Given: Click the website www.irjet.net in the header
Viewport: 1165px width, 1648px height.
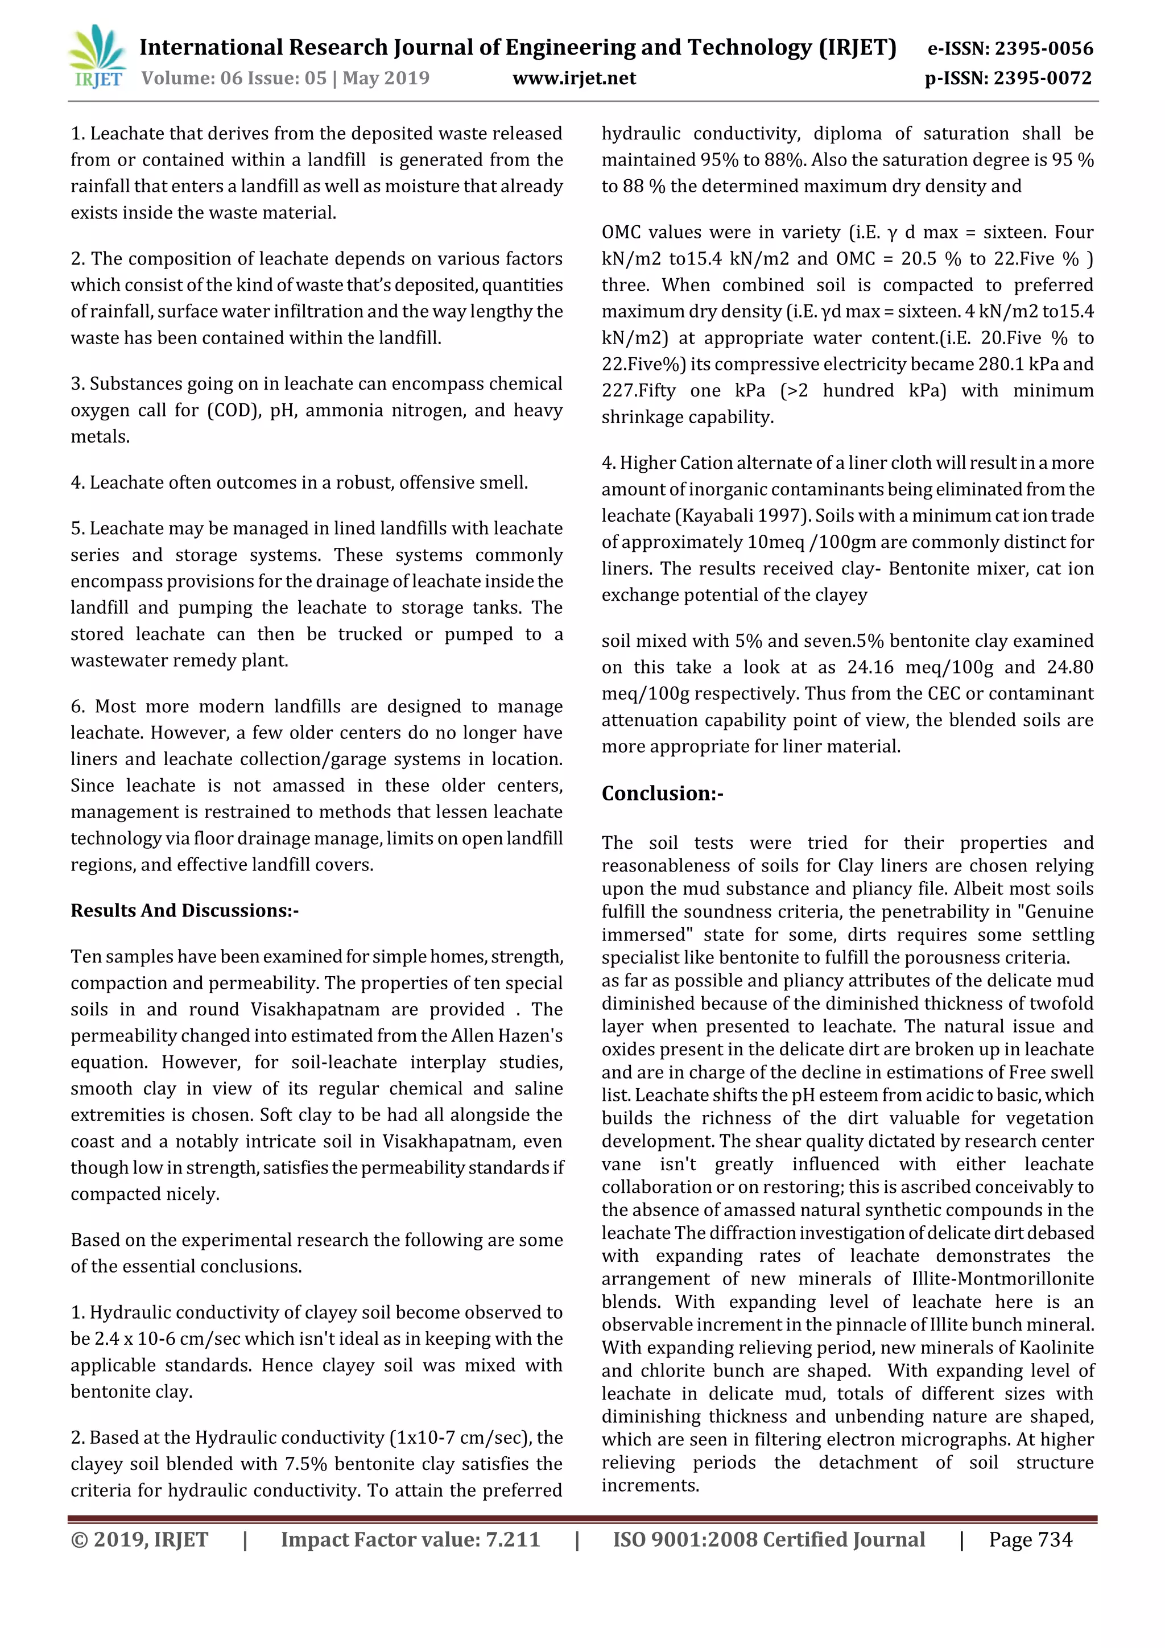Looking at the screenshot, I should point(574,79).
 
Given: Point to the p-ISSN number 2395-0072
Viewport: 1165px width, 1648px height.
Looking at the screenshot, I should point(1043,79).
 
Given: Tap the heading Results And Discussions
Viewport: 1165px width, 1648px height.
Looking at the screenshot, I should point(184,910).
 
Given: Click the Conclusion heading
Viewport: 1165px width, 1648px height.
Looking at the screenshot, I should point(662,793).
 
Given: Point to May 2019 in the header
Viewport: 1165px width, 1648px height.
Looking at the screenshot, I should point(386,79).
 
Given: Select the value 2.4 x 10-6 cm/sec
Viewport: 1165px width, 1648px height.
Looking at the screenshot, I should point(147,1339).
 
